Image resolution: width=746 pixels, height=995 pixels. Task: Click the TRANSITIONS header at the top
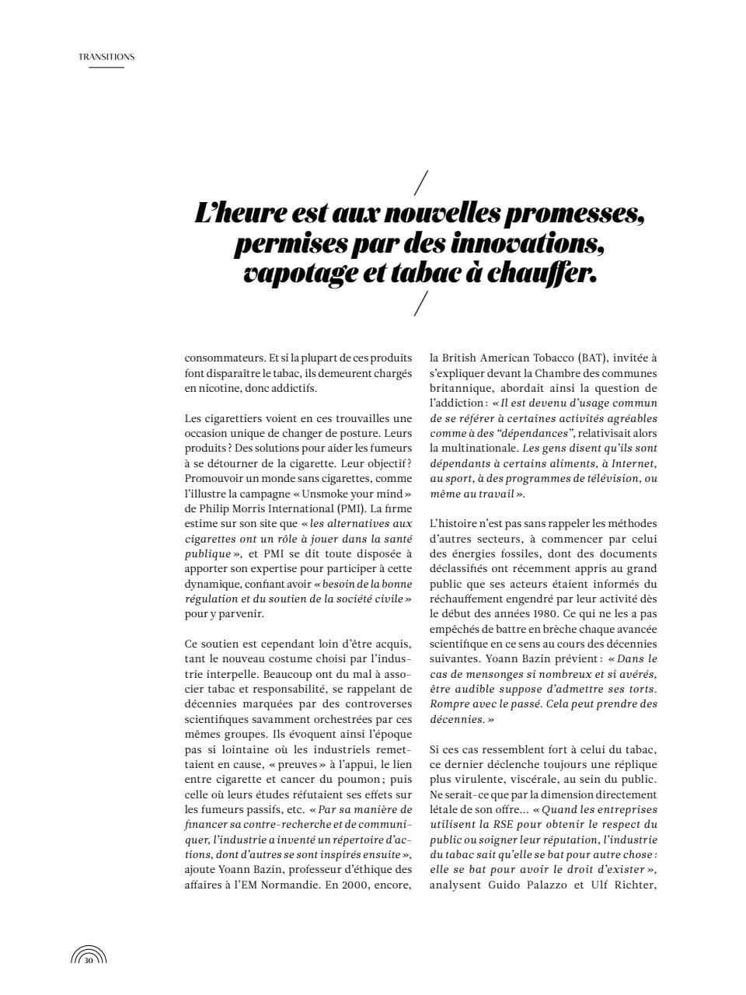point(106,57)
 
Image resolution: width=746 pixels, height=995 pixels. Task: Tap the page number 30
point(89,961)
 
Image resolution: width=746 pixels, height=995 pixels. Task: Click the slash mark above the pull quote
point(421,182)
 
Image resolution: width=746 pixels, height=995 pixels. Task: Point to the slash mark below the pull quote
point(421,304)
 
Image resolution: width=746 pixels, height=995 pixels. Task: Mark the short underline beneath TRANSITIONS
point(106,67)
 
